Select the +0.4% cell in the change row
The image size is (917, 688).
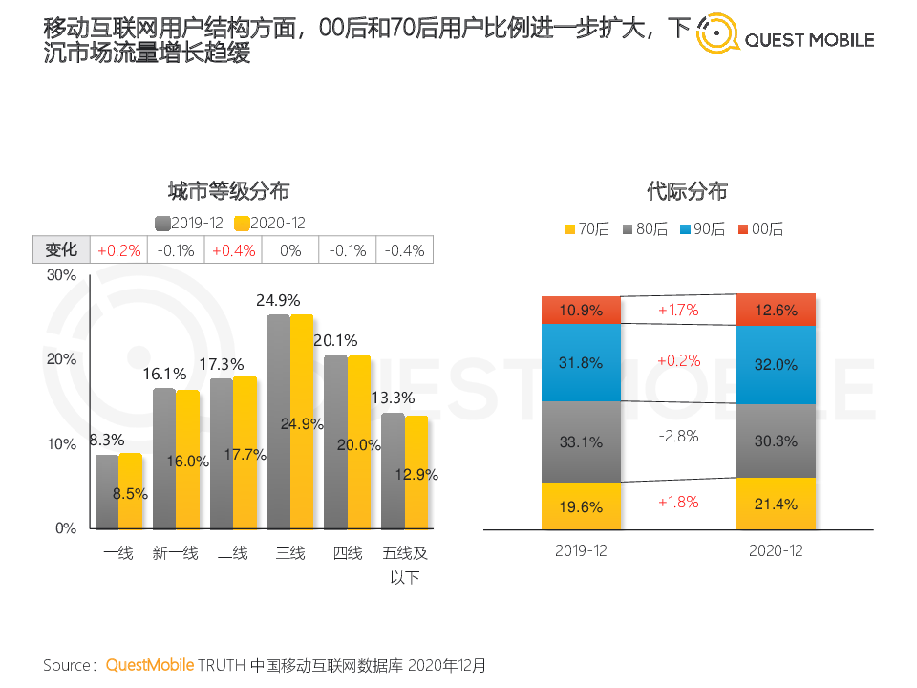[x=234, y=250]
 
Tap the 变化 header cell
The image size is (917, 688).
[x=61, y=250]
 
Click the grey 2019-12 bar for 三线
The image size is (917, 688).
[x=278, y=420]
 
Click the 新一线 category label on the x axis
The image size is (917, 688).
[x=176, y=552]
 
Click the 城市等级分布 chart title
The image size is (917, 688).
[x=229, y=190]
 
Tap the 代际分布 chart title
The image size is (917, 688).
[x=687, y=191]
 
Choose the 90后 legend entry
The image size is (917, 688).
[x=702, y=229]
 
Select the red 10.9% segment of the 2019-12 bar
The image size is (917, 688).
[x=581, y=311]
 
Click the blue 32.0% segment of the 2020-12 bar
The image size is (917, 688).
[x=776, y=364]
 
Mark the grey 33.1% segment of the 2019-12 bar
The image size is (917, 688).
[x=581, y=441]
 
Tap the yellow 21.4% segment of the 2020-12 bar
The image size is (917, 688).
[x=776, y=504]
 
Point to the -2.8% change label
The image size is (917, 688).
[x=678, y=436]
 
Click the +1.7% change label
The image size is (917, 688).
[x=678, y=310]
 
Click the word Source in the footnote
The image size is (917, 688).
[x=68, y=664]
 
